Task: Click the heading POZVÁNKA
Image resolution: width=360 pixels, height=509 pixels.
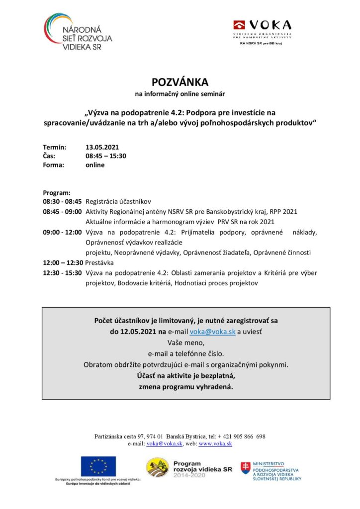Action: pyautogui.click(x=180, y=82)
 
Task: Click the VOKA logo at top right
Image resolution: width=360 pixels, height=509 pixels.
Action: pyautogui.click(x=262, y=29)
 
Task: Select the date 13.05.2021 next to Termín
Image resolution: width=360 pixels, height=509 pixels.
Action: pyautogui.click(x=102, y=147)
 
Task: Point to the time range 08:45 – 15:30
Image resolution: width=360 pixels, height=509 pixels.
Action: pyautogui.click(x=106, y=156)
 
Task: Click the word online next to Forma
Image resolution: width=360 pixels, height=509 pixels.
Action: pyautogui.click(x=95, y=165)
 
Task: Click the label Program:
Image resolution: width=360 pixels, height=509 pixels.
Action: pyautogui.click(x=57, y=193)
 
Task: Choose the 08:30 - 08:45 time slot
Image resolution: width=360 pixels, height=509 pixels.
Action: pyautogui.click(x=62, y=202)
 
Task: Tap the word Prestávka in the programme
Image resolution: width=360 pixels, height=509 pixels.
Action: pyautogui.click(x=99, y=262)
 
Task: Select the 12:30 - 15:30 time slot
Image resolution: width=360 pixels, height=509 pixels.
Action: pyautogui.click(x=62, y=273)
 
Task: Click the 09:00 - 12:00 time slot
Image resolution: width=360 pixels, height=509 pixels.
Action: pyautogui.click(x=62, y=232)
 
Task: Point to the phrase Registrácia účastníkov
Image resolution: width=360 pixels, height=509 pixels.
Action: pyautogui.click(x=118, y=202)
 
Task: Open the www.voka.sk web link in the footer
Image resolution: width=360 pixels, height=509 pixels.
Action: pyautogui.click(x=215, y=444)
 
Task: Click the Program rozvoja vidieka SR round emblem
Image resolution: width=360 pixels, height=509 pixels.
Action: pyautogui.click(x=157, y=468)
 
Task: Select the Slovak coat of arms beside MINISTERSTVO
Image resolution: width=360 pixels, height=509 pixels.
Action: pyautogui.click(x=246, y=468)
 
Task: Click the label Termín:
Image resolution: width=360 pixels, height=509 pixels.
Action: pyautogui.click(x=54, y=147)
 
